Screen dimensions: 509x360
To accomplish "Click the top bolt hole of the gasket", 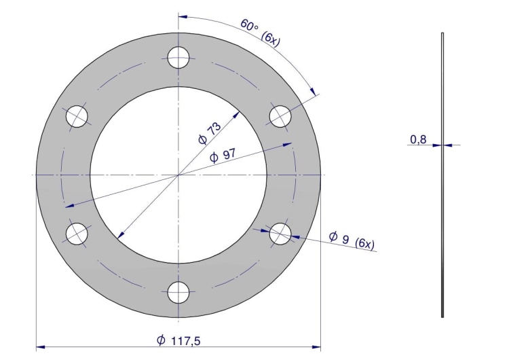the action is click(x=178, y=58).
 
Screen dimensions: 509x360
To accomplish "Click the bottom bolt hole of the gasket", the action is click(x=178, y=293).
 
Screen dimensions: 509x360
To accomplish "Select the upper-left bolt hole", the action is click(x=77, y=116).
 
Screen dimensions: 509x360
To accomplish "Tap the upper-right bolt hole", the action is click(x=280, y=116).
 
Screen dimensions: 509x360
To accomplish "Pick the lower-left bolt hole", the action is click(x=77, y=234).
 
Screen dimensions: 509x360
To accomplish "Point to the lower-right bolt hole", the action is click(x=280, y=234).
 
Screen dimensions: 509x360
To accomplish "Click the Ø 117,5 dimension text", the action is click(x=178, y=340).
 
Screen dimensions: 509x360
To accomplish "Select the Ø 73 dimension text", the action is click(x=210, y=133).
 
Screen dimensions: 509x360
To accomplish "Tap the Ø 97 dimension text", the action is click(x=223, y=156).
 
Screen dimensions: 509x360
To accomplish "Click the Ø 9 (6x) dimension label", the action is click(x=352, y=240).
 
